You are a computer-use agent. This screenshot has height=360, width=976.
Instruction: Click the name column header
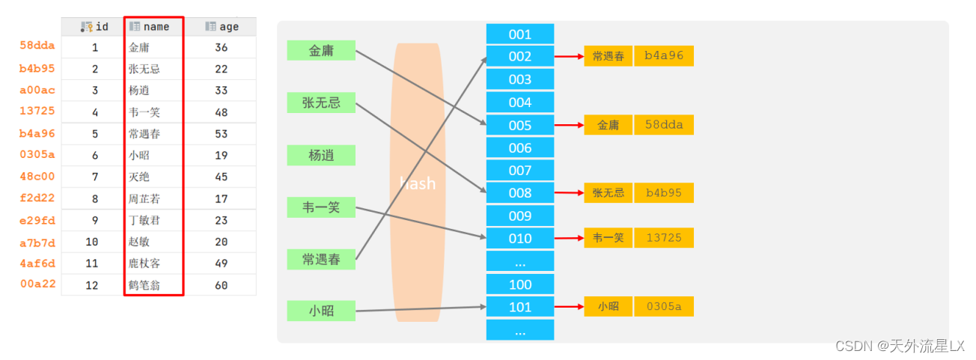point(155,27)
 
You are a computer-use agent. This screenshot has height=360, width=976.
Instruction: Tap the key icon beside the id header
point(87,27)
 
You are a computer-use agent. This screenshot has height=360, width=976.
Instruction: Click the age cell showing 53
point(221,134)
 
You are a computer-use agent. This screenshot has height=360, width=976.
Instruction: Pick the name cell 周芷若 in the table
point(144,199)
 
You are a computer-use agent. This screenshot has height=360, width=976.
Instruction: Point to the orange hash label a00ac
point(37,90)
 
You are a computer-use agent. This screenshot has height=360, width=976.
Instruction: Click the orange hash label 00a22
point(37,284)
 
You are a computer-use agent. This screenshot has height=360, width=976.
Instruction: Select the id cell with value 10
point(92,242)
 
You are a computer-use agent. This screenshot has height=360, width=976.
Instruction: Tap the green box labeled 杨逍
point(321,156)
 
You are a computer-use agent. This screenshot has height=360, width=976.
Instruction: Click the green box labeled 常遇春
point(321,260)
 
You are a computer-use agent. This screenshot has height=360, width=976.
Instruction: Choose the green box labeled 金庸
point(321,51)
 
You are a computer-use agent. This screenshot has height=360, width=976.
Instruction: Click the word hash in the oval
point(418,183)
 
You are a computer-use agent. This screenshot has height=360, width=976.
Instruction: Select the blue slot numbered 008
point(520,193)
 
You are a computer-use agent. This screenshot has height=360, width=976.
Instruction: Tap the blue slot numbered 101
point(520,307)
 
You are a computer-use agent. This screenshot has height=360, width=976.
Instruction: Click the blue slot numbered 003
point(520,79)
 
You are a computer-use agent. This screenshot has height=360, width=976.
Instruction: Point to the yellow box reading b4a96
point(664,56)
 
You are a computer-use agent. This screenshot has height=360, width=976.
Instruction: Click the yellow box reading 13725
point(664,238)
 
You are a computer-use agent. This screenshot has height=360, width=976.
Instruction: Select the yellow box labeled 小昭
point(608,307)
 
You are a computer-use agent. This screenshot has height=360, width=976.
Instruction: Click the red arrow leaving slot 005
point(569,125)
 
